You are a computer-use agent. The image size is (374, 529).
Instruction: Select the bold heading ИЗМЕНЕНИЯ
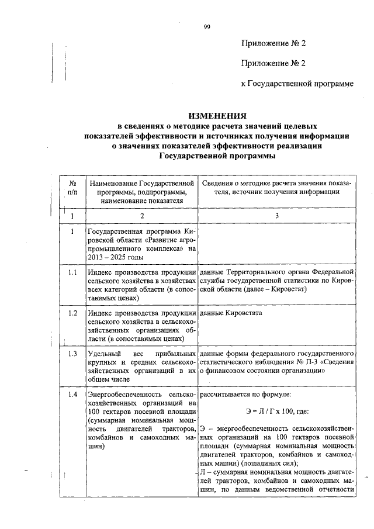point(217,115)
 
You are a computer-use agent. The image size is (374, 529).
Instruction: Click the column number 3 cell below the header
point(277,216)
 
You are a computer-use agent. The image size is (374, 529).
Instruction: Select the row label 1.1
point(72,272)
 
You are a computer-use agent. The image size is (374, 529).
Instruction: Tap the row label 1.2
point(72,313)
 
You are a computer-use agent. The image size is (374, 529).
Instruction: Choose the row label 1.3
point(72,354)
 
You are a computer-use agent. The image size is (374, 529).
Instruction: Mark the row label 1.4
point(72,395)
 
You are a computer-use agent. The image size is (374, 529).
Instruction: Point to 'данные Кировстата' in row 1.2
point(231,313)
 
